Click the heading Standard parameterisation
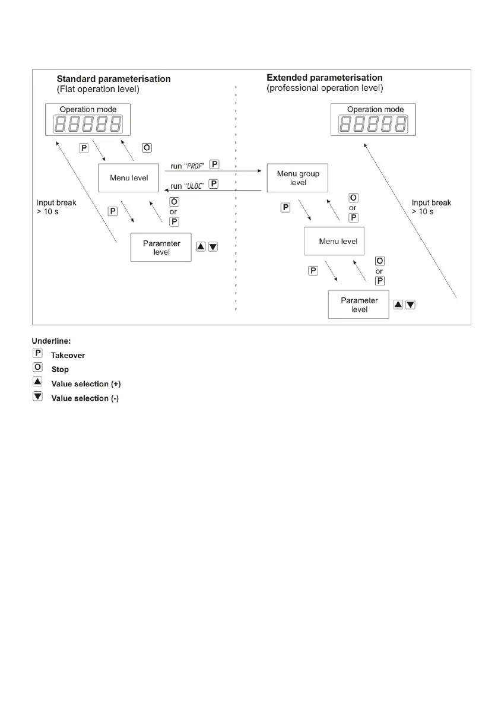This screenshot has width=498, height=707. pos(113,79)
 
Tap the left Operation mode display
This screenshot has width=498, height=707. pos(88,122)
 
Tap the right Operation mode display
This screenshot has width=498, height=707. pos(373,122)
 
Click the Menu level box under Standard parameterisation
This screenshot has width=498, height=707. pos(129,177)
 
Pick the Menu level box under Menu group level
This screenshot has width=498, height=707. pos(334,242)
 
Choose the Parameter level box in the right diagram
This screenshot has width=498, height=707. pos(359,305)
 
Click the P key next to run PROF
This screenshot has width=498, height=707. pos(214,163)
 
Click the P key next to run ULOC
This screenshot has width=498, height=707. pos(214,184)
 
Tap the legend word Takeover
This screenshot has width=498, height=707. pos(68,355)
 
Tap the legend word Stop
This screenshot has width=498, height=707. pos(60,369)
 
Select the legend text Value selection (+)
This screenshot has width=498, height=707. pos(86,383)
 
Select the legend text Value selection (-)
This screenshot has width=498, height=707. pos(85,398)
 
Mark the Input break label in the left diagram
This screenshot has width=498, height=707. pos(56,207)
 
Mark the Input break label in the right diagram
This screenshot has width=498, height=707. pos(432,207)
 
